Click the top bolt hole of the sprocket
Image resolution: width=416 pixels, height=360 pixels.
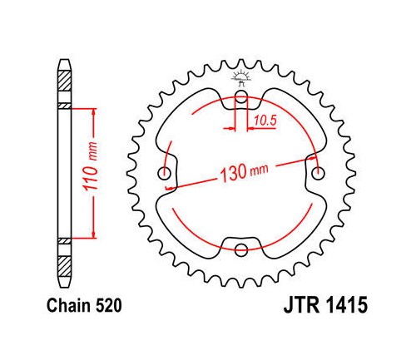(x=240, y=97)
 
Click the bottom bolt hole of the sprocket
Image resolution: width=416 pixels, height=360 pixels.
(x=240, y=249)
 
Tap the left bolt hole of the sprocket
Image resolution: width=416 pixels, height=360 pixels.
(x=164, y=174)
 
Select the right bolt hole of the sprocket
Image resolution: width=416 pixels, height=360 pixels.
(x=318, y=174)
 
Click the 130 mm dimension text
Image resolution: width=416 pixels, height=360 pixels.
(x=244, y=172)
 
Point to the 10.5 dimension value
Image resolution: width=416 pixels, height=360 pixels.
(x=265, y=121)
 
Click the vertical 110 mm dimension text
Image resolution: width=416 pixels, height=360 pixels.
(x=91, y=166)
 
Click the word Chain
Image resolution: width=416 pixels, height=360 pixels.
(x=69, y=306)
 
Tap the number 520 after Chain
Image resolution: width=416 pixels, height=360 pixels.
(x=108, y=306)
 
